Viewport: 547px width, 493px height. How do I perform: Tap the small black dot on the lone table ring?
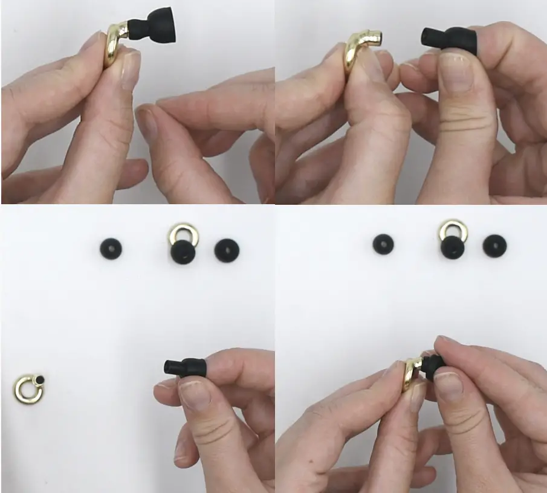tap(40, 379)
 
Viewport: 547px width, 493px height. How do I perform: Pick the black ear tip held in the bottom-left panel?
tap(184, 366)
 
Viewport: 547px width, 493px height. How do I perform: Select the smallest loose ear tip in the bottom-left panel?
tap(111, 248)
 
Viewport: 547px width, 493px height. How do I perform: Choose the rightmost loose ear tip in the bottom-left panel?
tap(227, 250)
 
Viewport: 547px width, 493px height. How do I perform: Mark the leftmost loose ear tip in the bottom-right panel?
tap(383, 244)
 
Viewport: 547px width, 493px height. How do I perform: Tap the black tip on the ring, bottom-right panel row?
tap(452, 248)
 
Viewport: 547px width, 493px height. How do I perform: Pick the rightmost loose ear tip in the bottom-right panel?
tap(494, 246)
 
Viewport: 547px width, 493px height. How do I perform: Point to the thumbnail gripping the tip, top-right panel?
tap(455, 71)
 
